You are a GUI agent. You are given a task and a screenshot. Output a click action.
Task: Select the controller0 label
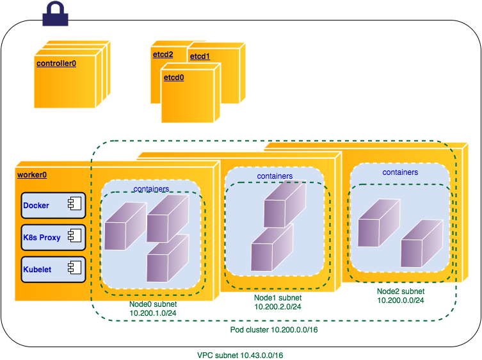pyautogui.click(x=56, y=63)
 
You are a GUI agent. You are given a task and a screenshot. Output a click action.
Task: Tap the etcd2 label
pyautogui.click(x=163, y=54)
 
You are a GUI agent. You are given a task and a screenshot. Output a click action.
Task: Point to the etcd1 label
pyautogui.click(x=200, y=57)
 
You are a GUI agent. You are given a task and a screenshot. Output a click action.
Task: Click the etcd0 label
pyautogui.click(x=174, y=78)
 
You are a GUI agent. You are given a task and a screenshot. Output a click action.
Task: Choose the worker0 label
pyautogui.click(x=32, y=174)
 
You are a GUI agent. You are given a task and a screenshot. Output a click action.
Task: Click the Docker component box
pyautogui.click(x=53, y=206)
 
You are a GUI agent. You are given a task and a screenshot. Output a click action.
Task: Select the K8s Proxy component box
pyautogui.click(x=53, y=238)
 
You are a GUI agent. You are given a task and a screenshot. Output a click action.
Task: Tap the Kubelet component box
pyautogui.click(x=53, y=270)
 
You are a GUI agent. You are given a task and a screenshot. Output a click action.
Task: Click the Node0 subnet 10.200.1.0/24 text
pyautogui.click(x=153, y=309)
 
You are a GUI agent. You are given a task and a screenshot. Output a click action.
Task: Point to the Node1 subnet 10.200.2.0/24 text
pyautogui.click(x=277, y=302)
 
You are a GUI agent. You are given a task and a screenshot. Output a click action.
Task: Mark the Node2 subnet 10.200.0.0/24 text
pyautogui.click(x=400, y=295)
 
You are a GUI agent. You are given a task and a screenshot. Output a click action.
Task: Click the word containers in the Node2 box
pyautogui.click(x=400, y=172)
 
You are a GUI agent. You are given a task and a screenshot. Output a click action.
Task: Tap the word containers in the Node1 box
pyautogui.click(x=275, y=176)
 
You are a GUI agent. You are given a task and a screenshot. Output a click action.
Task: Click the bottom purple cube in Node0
pyautogui.click(x=167, y=258)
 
